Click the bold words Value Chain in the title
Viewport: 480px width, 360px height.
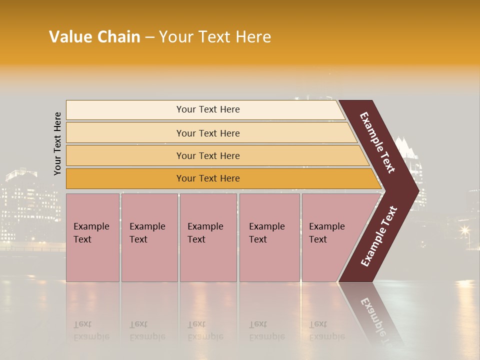pos(94,37)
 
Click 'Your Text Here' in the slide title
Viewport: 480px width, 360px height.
pos(215,37)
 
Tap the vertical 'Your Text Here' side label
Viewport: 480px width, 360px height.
pos(57,144)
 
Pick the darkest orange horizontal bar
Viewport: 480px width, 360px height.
pos(220,178)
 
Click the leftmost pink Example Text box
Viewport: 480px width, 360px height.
pos(92,237)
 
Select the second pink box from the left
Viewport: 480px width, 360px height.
pos(149,237)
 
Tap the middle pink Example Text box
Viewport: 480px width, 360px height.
pos(208,237)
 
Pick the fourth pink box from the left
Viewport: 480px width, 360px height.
pos(269,237)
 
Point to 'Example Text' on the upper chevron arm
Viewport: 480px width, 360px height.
pos(377,142)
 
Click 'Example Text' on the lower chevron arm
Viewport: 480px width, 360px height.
pos(379,236)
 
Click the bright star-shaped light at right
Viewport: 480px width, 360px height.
pos(465,230)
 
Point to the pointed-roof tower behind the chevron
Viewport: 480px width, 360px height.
pos(405,150)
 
